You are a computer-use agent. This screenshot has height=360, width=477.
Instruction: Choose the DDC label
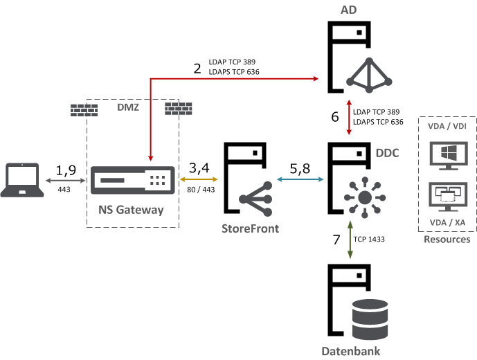387,152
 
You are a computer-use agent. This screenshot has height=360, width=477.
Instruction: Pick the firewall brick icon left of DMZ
84,109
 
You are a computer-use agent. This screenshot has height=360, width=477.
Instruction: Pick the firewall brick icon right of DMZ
178,109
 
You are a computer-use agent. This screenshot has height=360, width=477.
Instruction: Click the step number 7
336,240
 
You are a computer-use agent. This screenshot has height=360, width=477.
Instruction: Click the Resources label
447,240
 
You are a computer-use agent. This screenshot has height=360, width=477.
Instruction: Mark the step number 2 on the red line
197,68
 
